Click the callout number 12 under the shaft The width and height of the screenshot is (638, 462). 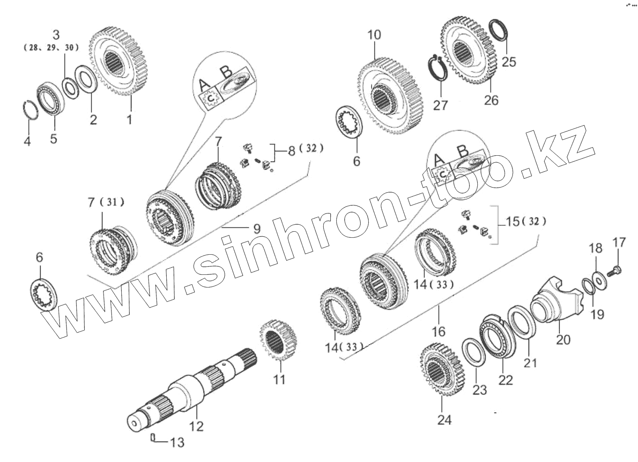point(197,426)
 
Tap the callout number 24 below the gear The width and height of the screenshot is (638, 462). point(444,420)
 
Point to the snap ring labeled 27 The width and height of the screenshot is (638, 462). point(438,70)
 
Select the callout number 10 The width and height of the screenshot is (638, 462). point(374,35)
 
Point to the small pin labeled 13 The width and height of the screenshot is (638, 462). point(153,437)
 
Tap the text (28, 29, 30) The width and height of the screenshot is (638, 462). point(51,47)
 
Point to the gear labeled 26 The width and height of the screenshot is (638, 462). point(469,52)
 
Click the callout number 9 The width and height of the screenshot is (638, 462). point(256,229)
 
